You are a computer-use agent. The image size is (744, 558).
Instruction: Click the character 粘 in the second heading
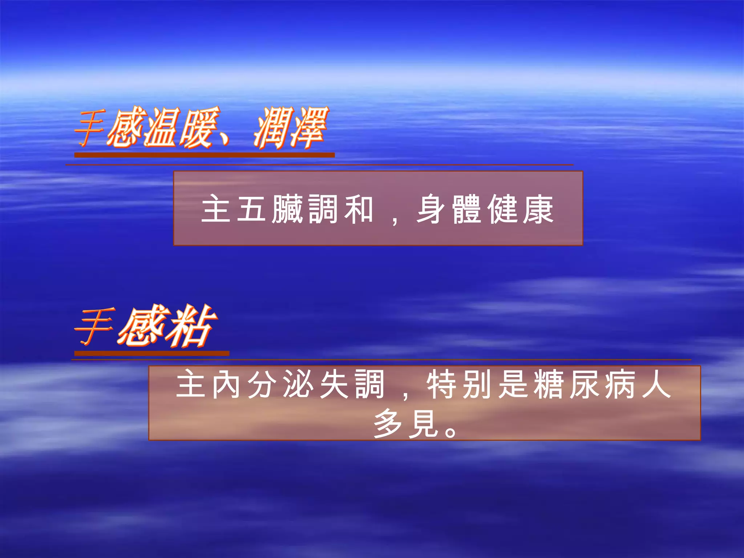[x=189, y=326]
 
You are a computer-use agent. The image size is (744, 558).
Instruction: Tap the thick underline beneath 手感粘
[x=152, y=353]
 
